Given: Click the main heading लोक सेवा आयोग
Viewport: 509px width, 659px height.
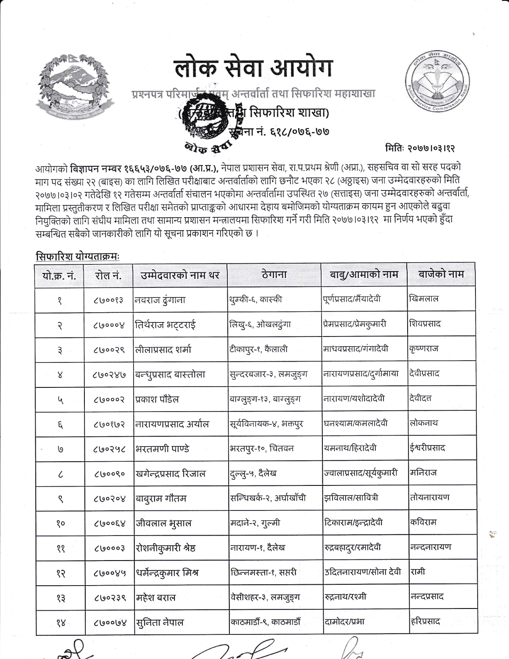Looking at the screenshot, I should click(x=254, y=69).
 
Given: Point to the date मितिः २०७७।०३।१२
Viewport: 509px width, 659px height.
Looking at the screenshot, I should click(x=420, y=149).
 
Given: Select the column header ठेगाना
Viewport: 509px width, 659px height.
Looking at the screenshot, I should click(x=274, y=275).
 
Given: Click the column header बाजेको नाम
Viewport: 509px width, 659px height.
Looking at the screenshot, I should click(x=441, y=274).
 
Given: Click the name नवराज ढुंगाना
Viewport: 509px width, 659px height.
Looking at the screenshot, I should click(x=160, y=300).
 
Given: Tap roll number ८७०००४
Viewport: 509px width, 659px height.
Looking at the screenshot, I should click(x=109, y=325).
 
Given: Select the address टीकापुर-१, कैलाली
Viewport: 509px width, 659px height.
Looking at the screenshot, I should click(x=258, y=349).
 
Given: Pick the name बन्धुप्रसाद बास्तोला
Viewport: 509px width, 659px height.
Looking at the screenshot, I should click(x=170, y=374).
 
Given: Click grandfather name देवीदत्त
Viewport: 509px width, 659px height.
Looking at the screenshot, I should click(x=420, y=398).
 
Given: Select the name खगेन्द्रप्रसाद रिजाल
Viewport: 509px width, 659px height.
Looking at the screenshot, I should click(x=170, y=473).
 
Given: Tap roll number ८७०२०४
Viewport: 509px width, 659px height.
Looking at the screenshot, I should click(x=109, y=499).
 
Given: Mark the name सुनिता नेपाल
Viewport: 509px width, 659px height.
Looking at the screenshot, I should click(x=159, y=623).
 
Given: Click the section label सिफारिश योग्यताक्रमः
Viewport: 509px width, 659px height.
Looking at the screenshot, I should click(x=78, y=257).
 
